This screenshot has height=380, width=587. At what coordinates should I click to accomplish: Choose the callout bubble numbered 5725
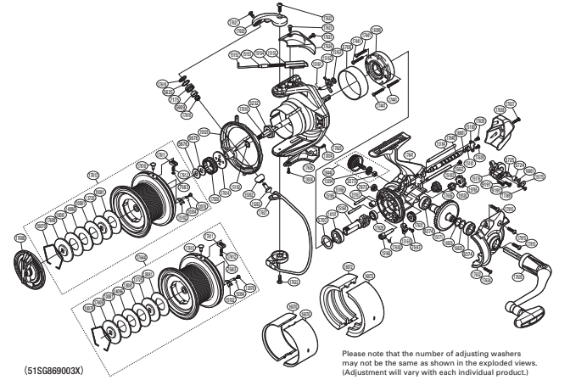510,158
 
